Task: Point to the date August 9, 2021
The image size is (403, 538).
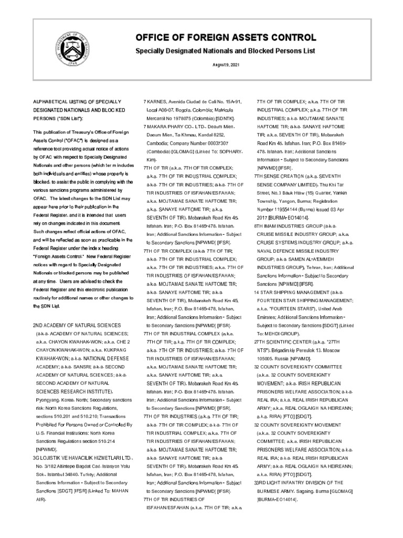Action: pyautogui.click(x=226, y=64)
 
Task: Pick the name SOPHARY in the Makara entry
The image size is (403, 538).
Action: pyautogui.click(x=228, y=151)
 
